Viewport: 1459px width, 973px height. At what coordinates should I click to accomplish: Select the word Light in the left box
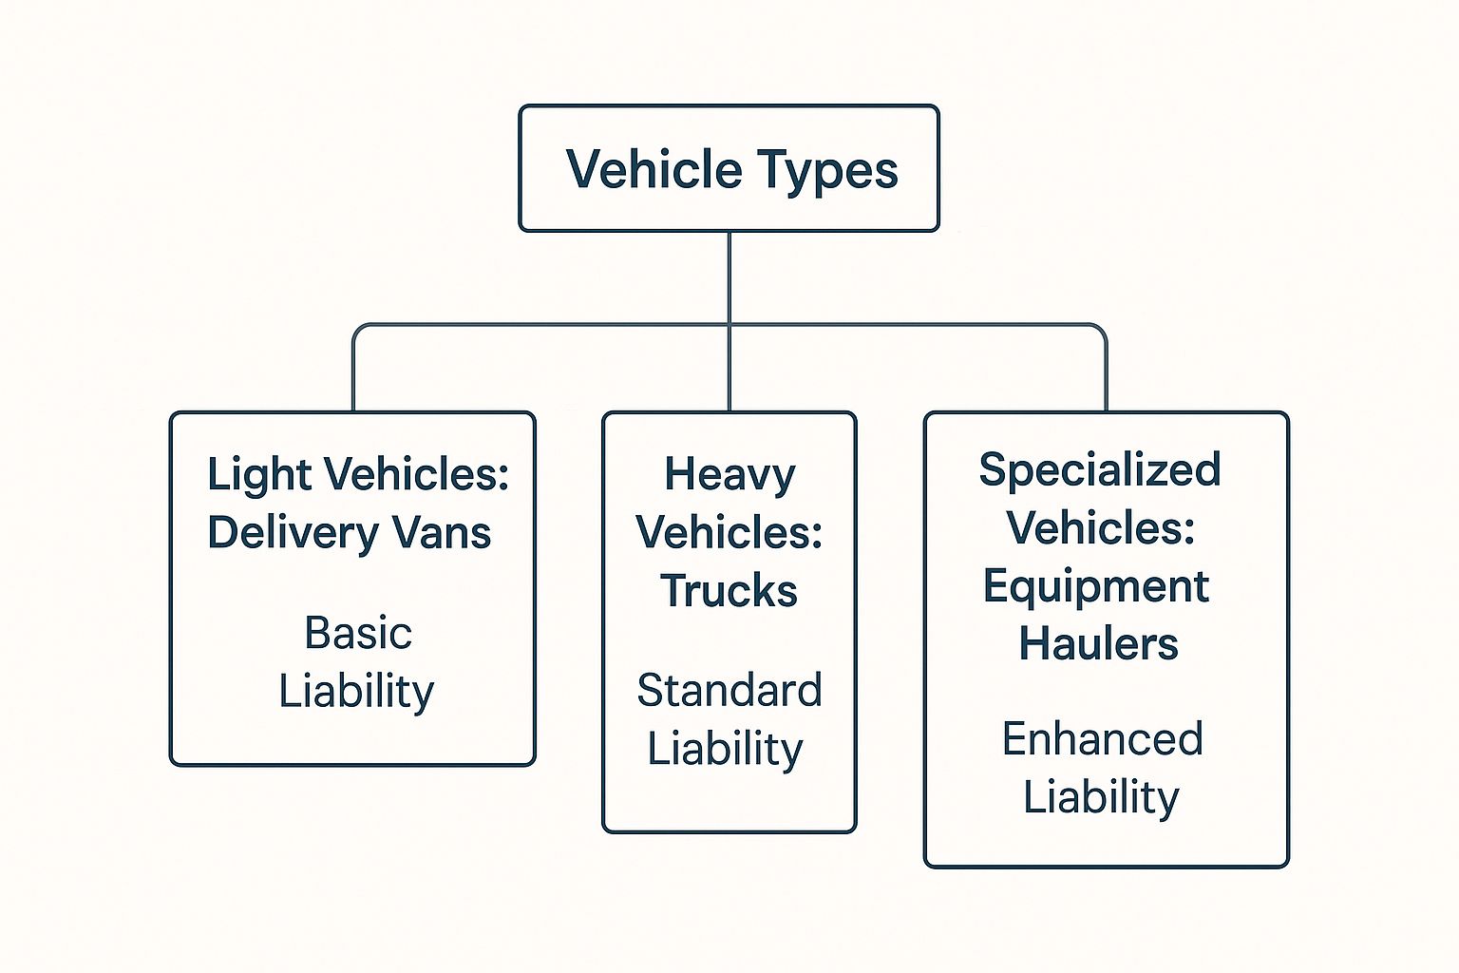coord(245,473)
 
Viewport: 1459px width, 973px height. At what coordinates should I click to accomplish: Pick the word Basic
coord(358,633)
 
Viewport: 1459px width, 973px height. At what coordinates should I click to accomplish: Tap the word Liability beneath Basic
coord(356,692)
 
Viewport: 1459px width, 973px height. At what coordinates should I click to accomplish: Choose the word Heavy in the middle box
coord(729,474)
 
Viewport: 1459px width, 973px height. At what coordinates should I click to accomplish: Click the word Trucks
coord(729,591)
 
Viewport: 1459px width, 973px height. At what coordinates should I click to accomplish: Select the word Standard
coord(729,691)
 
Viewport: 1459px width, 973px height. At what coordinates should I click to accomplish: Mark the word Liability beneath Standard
coord(726,750)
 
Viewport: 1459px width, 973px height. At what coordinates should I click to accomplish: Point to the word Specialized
coord(1100,470)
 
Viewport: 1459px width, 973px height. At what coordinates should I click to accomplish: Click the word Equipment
coord(1096,586)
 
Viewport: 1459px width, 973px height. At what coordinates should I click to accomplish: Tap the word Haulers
coord(1099,644)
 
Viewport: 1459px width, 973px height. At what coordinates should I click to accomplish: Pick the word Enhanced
coord(1103,739)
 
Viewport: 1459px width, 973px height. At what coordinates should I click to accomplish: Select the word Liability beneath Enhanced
coord(1101,797)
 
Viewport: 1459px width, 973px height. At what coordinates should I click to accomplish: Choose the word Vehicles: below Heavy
coord(729,532)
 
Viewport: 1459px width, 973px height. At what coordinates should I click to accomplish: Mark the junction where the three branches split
coord(729,325)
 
